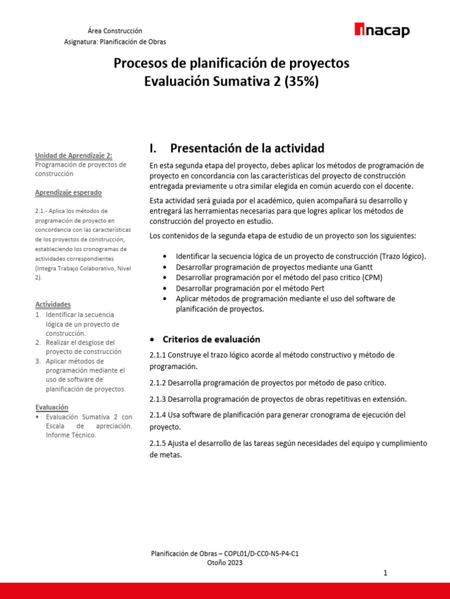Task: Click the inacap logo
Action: tap(383, 31)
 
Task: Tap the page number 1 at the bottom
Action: tap(386, 574)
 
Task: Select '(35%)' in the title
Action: tap(302, 81)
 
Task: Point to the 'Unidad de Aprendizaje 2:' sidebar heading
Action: tap(73, 156)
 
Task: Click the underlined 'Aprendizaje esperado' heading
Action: tap(68, 192)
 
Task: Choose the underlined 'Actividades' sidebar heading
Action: tap(53, 305)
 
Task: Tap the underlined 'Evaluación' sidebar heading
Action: tap(52, 407)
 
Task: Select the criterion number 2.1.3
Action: tap(158, 399)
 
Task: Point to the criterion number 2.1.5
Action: tap(158, 443)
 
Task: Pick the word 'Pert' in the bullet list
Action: tap(315, 288)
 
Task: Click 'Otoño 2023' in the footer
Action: tap(225, 563)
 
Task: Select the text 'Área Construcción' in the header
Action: tap(115, 30)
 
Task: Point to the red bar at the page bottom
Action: tap(225, 591)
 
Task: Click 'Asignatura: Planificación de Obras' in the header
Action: tap(115, 42)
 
